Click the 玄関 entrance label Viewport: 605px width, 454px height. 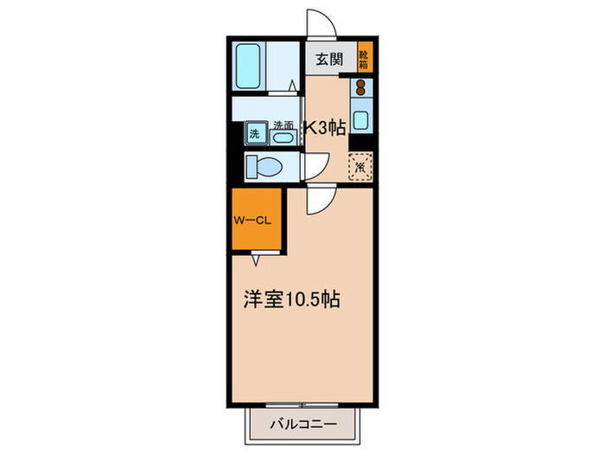pos(328,60)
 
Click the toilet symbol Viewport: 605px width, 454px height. pos(263,165)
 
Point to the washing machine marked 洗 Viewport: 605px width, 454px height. pos(254,133)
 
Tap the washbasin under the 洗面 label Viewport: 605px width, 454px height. pos(283,137)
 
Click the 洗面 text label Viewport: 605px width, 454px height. pos(283,124)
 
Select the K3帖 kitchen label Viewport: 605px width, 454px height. pos(325,128)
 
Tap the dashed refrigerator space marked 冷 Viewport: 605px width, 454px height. pos(360,165)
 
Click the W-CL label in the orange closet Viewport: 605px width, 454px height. pos(253,220)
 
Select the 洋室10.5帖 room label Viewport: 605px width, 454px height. pos(290,300)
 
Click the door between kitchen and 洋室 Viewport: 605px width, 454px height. pos(317,198)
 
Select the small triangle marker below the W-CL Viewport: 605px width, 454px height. pos(256,258)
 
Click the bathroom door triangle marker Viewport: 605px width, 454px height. pos(293,85)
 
